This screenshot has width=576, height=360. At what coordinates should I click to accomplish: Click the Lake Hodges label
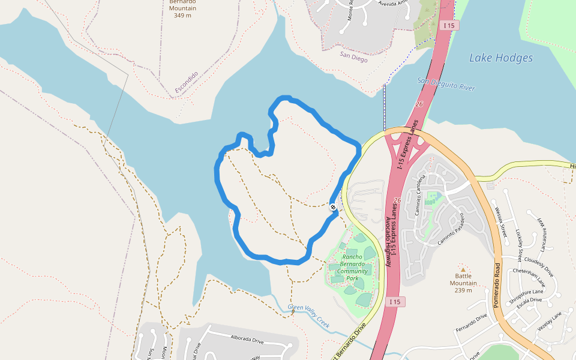point(500,58)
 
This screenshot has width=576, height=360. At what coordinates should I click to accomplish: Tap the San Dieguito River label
point(446,84)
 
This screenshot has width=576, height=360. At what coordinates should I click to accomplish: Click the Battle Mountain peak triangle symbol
point(463,269)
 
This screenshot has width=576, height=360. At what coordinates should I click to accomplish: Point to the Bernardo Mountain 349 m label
point(183,8)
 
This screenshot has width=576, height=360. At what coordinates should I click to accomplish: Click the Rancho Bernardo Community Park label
point(352,267)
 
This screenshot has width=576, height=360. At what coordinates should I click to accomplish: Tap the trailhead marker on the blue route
point(333,207)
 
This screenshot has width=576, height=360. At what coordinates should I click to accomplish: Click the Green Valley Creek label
point(309,316)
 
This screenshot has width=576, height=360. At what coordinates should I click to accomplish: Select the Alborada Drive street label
point(247,340)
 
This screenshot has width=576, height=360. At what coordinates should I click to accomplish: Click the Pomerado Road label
point(497,286)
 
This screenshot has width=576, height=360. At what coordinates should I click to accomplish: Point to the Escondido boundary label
point(187,83)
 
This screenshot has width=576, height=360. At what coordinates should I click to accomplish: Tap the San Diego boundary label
point(353,56)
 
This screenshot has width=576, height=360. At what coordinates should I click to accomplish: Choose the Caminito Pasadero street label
point(451,228)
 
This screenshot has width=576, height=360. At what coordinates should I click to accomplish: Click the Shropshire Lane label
point(526,295)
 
